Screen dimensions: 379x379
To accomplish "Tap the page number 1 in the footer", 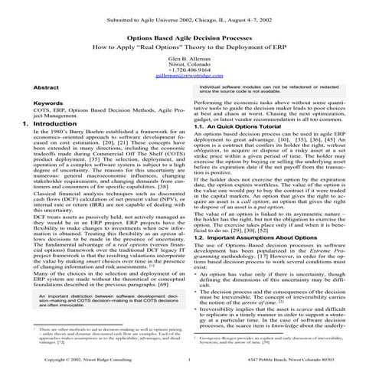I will (x=188, y=359).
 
